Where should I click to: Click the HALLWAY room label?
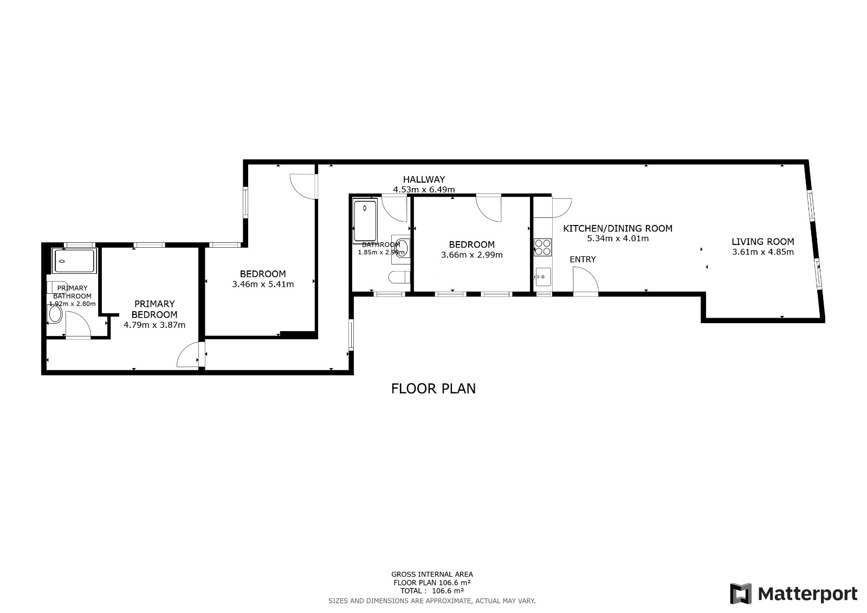click(x=424, y=179)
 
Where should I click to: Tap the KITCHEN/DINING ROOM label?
click(x=618, y=229)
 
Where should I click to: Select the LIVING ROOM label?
click(x=763, y=242)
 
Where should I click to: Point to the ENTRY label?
click(x=583, y=260)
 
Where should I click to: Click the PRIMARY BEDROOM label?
click(x=154, y=309)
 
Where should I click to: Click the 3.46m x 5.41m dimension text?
click(x=263, y=284)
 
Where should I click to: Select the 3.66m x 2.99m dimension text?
click(x=472, y=255)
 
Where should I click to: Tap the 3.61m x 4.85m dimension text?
click(x=763, y=252)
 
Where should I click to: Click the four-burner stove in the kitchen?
click(x=542, y=248)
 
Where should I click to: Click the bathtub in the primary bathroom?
click(x=74, y=261)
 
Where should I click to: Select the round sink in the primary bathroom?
click(x=55, y=314)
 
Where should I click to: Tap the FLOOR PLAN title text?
click(x=433, y=389)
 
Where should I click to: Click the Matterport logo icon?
click(x=741, y=593)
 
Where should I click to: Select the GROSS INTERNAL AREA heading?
click(x=432, y=575)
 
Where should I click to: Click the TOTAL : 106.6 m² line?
click(x=432, y=591)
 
